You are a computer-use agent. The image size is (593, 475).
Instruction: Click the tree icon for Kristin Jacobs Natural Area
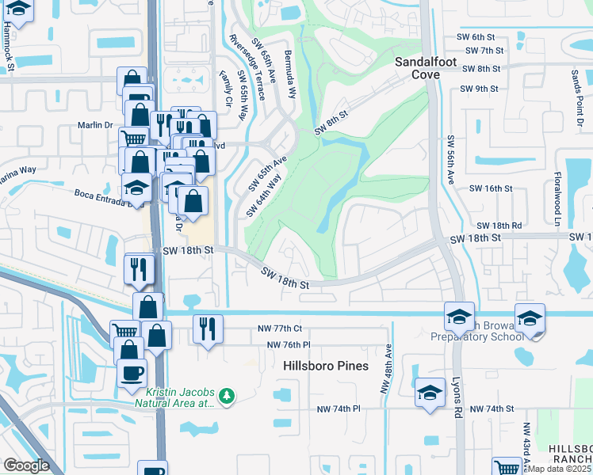(227, 394)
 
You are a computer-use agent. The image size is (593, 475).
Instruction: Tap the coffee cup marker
(132, 372)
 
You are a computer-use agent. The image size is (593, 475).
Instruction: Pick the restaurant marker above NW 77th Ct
(208, 328)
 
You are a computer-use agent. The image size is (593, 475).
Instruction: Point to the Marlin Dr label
(97, 124)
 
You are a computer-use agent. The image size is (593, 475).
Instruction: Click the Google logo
(26, 465)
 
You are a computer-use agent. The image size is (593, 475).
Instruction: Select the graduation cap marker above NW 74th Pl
(429, 392)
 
